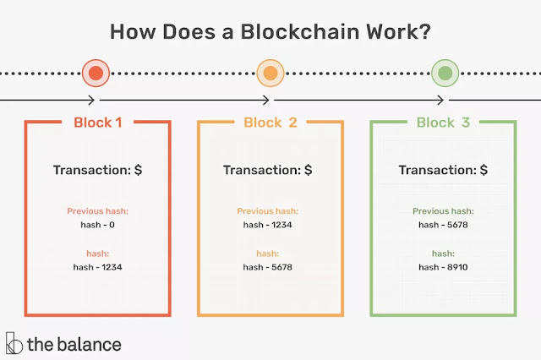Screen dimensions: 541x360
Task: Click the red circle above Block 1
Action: [x=96, y=74]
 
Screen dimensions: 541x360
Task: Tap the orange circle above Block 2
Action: [x=270, y=74]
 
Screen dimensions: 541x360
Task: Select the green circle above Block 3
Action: [x=445, y=74]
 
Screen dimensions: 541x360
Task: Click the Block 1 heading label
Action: [x=98, y=123]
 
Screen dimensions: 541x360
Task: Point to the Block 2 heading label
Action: [x=270, y=123]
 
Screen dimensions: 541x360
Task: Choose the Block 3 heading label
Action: [x=443, y=123]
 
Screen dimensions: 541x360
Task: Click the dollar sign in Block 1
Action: [x=138, y=170]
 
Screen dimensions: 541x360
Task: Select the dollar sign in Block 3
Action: [x=484, y=170]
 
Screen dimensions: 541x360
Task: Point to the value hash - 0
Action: [x=98, y=225]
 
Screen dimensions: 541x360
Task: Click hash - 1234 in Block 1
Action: [x=98, y=267]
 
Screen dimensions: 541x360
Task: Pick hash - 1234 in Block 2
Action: [x=267, y=225]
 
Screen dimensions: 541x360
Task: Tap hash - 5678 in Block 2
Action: [x=267, y=267]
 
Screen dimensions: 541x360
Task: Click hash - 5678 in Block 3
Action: [x=443, y=225]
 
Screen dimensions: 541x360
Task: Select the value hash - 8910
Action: [x=443, y=267]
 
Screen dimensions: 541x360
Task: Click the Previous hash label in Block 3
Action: [x=443, y=211]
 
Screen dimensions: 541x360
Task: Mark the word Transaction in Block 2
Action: [x=262, y=170]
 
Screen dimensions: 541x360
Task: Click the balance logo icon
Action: [x=14, y=343]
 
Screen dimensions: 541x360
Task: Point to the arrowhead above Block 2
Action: [x=265, y=101]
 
